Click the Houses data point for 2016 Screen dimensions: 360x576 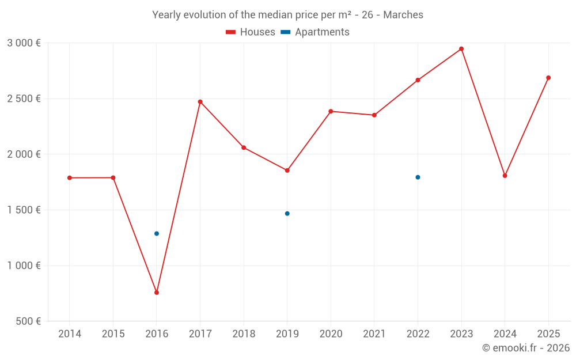click(x=157, y=293)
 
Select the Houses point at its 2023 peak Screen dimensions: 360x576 click(x=461, y=49)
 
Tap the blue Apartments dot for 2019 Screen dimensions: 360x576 click(x=287, y=214)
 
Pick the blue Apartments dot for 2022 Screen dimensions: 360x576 click(x=418, y=177)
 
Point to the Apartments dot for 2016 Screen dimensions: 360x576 click(x=157, y=234)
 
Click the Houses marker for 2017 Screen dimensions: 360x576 click(x=200, y=102)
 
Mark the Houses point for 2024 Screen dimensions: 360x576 click(x=505, y=176)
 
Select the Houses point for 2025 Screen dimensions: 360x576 click(x=548, y=78)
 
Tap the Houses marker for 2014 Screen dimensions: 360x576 click(x=70, y=178)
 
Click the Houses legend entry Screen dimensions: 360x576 click(x=251, y=32)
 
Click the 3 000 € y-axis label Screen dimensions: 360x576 click(x=24, y=43)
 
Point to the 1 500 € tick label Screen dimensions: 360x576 click(x=24, y=210)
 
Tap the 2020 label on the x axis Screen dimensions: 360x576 click(x=331, y=334)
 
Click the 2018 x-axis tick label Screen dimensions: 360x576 click(x=244, y=334)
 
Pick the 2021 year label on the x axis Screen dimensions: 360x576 click(x=374, y=334)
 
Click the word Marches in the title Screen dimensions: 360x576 click(x=403, y=15)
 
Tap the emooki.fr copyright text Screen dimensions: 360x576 click(x=526, y=348)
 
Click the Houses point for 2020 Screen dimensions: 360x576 click(x=331, y=111)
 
